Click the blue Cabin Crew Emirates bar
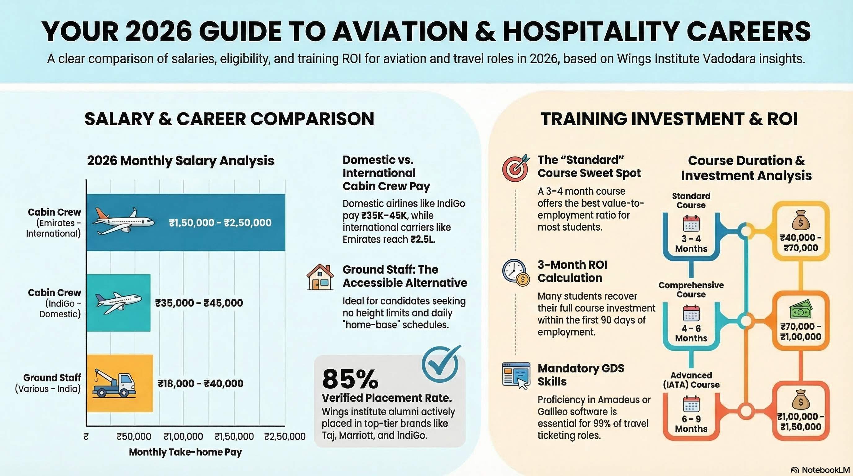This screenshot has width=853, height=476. [185, 222]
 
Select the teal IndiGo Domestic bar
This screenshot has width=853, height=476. [118, 302]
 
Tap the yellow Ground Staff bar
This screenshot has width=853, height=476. [120, 383]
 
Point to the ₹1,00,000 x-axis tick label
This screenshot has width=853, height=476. [183, 436]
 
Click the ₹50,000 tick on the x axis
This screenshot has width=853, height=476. [134, 436]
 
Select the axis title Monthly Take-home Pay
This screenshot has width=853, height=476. [185, 452]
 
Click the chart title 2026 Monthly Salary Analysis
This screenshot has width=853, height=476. [180, 161]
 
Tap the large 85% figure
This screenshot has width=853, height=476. [350, 379]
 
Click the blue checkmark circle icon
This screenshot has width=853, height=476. [441, 364]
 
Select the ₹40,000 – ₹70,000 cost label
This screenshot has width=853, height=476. [801, 243]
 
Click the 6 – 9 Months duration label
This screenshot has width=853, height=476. [691, 424]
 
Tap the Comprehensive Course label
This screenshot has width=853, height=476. [691, 290]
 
